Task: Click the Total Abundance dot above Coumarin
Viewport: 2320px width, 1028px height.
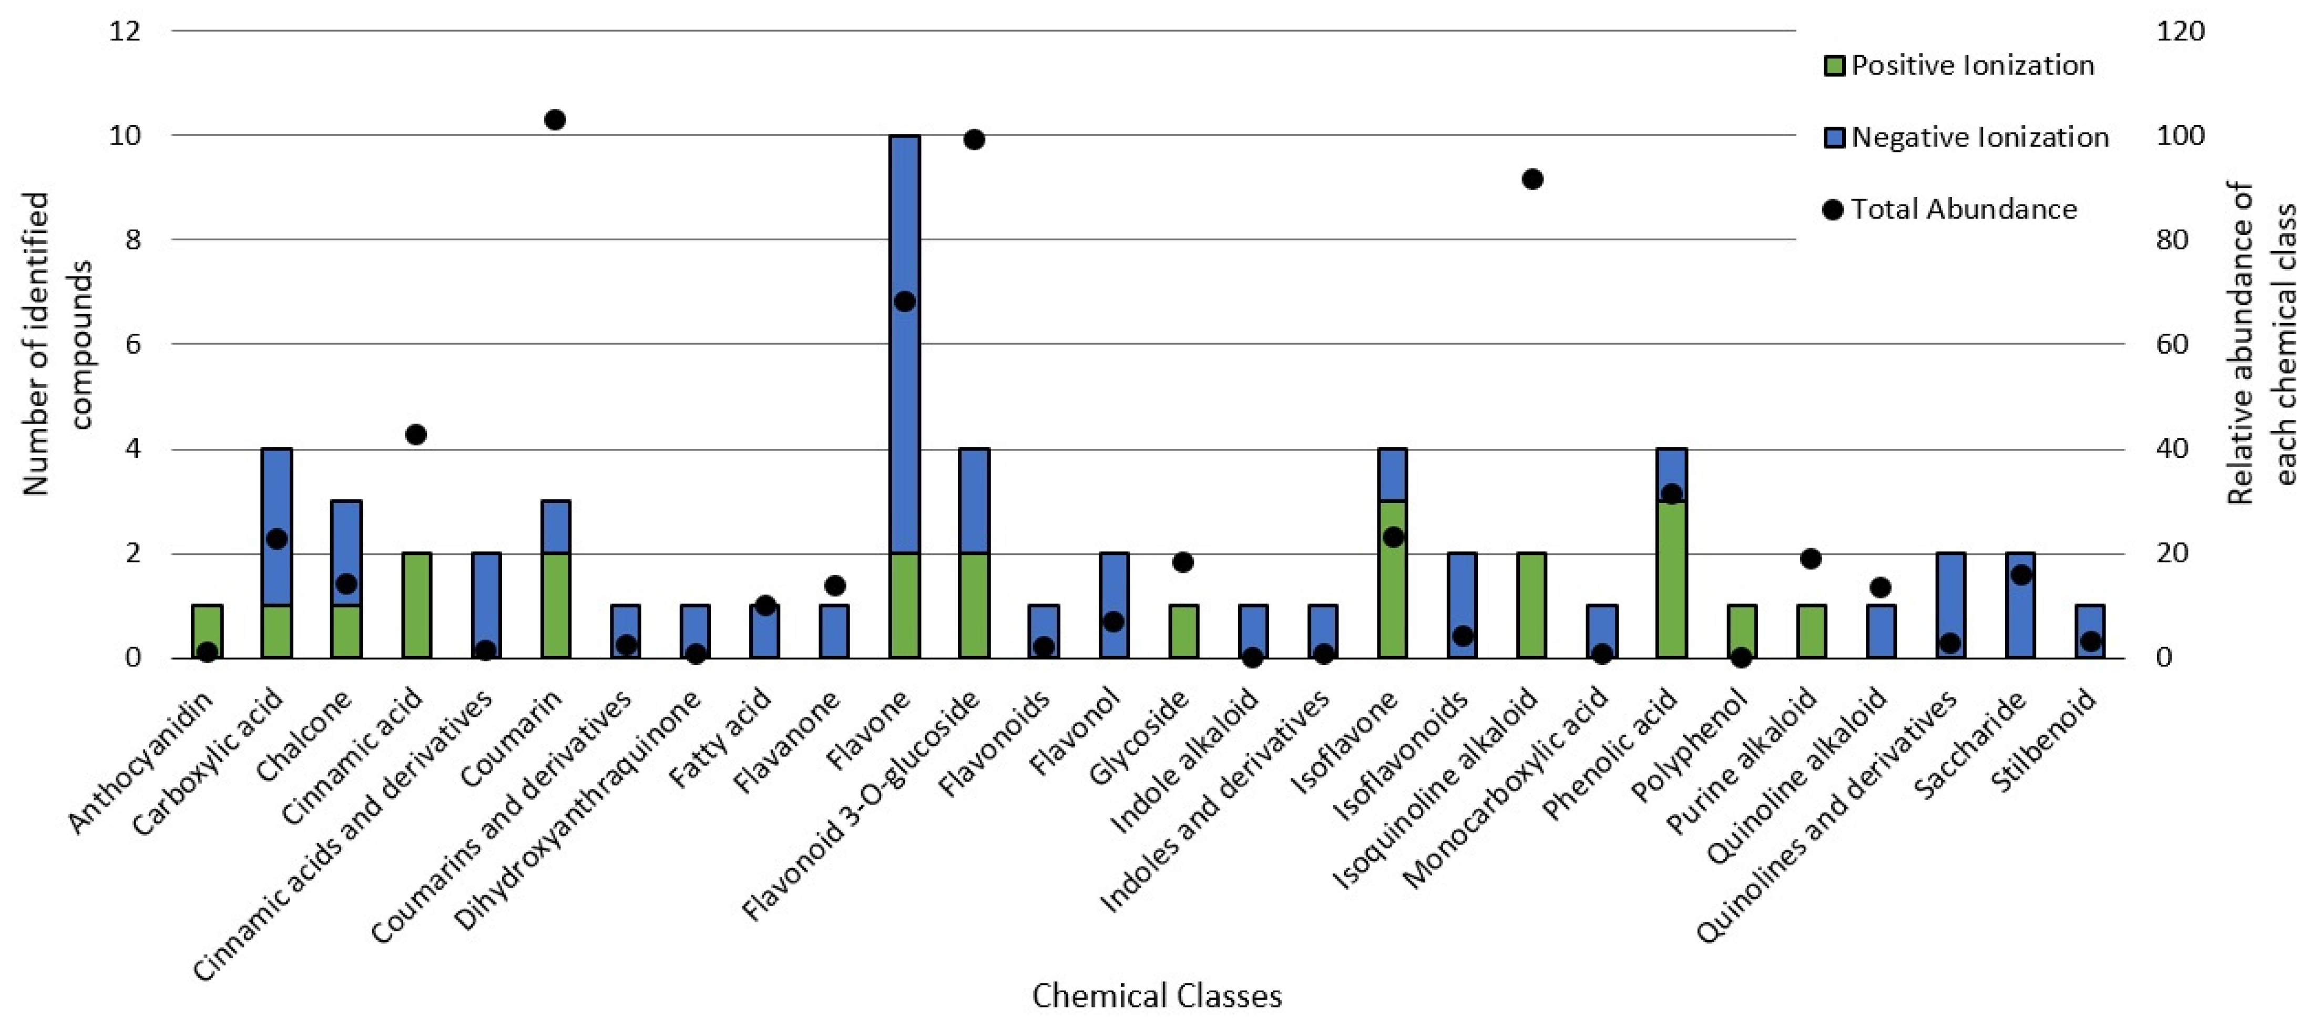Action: point(555,120)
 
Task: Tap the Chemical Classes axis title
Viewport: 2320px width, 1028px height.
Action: point(1157,995)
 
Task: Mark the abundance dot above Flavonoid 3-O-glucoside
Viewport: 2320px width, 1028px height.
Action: point(974,139)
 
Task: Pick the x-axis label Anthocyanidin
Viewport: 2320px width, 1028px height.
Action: point(142,763)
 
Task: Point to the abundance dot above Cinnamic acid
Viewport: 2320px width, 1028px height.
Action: point(415,435)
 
